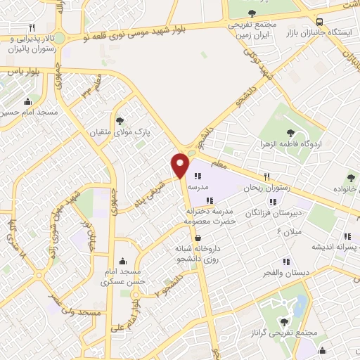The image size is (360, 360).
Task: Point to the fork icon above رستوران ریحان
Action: tap(266, 176)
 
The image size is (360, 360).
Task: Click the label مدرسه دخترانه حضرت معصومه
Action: tap(209, 216)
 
